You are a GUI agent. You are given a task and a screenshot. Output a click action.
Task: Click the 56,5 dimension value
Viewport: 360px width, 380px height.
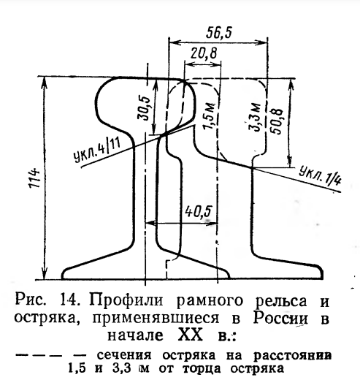point(218,33)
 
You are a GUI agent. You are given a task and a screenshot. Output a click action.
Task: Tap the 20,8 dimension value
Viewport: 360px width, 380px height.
point(204,53)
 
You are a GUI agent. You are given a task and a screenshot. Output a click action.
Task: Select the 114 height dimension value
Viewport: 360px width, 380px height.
point(34,178)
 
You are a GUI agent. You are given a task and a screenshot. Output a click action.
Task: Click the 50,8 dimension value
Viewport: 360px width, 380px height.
point(277,121)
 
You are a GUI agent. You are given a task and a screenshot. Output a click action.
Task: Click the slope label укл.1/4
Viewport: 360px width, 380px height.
point(320,175)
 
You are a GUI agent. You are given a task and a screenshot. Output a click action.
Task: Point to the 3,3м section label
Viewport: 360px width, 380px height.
point(256,118)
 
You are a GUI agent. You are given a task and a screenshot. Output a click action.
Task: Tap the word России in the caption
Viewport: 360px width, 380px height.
point(280,318)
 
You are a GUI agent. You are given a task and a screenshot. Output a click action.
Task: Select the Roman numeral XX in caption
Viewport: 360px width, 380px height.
point(191,335)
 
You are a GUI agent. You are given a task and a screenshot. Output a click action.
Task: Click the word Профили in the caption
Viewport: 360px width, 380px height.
point(126,300)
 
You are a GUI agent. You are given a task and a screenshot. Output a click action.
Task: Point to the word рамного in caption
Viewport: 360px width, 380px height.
point(210,302)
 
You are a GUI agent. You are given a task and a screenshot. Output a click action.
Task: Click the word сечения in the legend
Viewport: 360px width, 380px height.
point(124,356)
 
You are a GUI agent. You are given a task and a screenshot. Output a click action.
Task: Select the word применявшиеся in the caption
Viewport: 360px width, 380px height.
point(156,319)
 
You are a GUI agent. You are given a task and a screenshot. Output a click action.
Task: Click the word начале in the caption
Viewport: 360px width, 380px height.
point(135,335)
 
